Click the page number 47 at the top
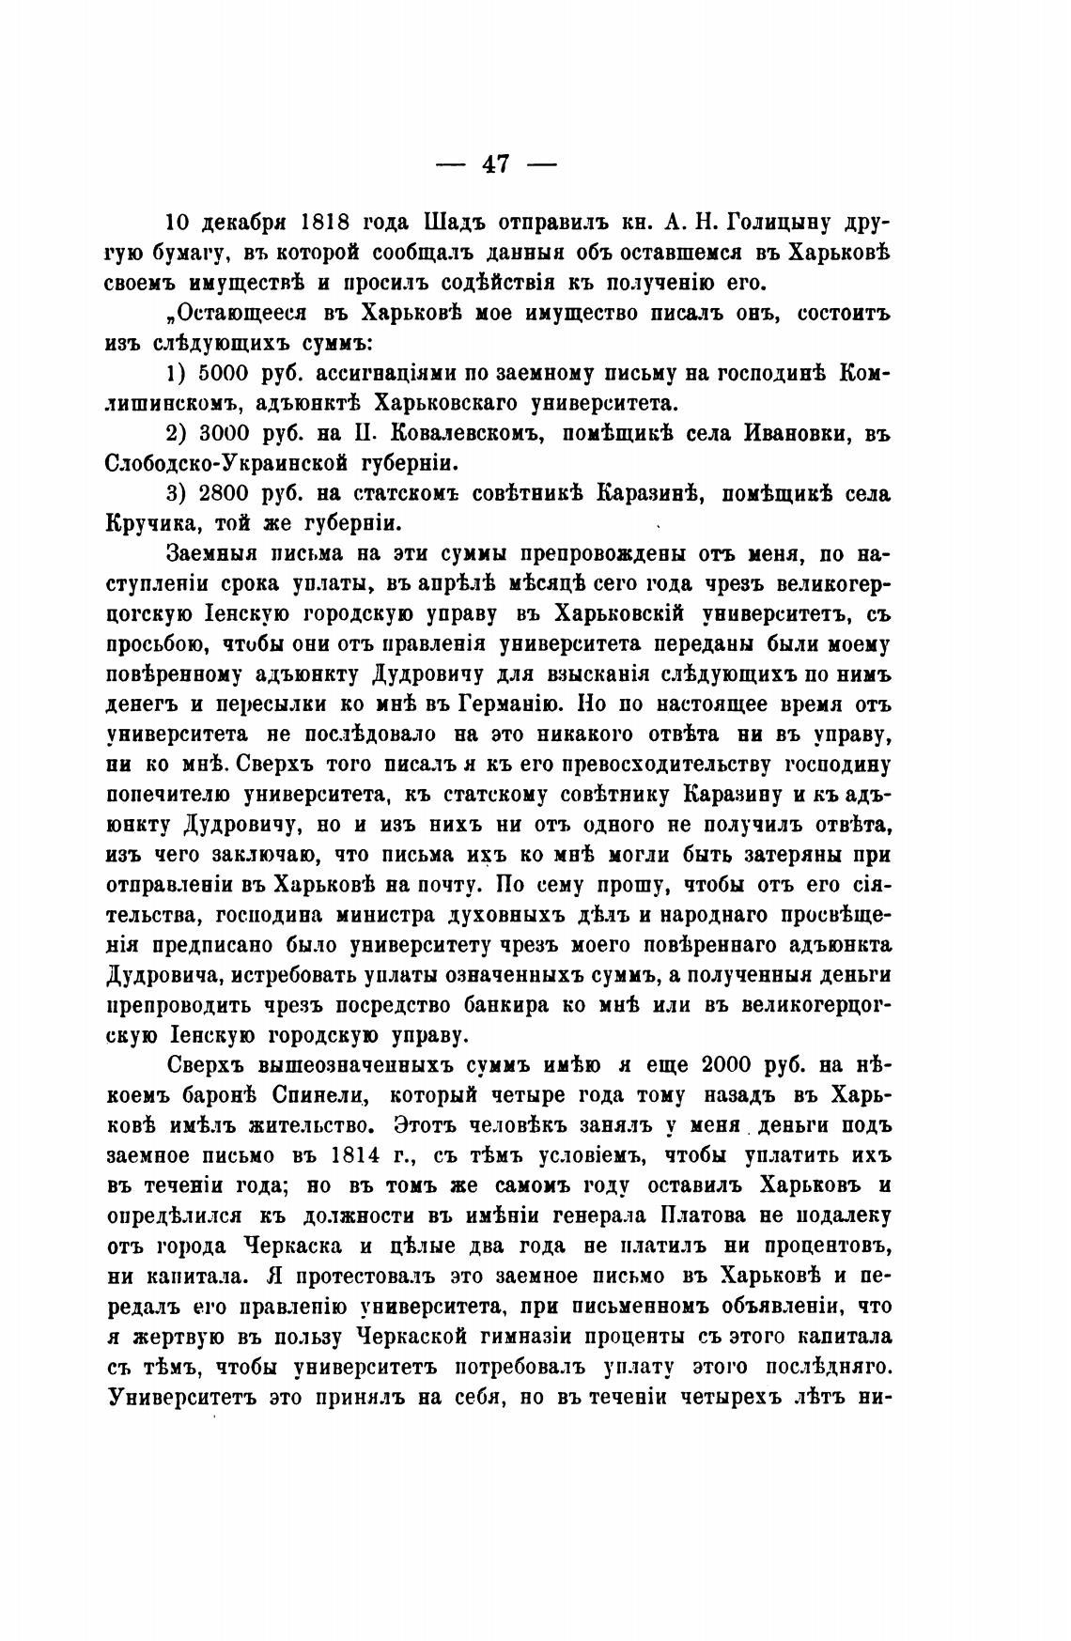(x=497, y=164)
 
